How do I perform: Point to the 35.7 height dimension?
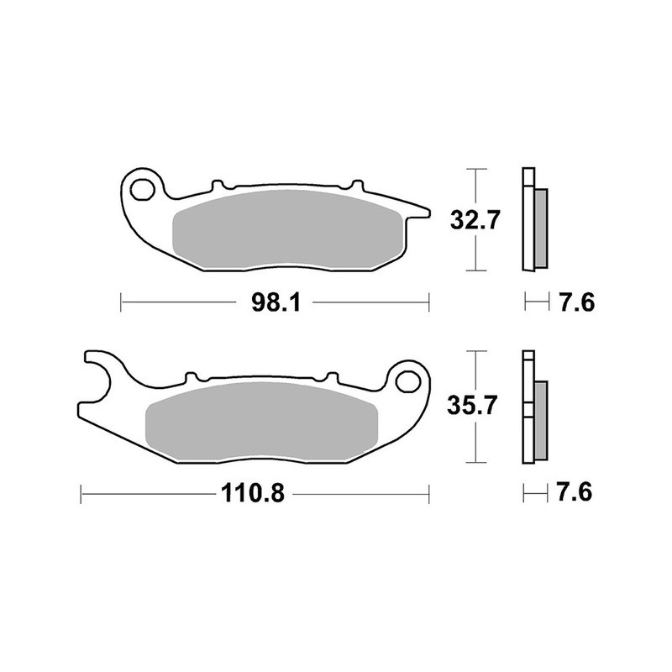tap(475, 407)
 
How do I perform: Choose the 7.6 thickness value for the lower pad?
tap(575, 493)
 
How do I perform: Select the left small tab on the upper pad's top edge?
tap(216, 184)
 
